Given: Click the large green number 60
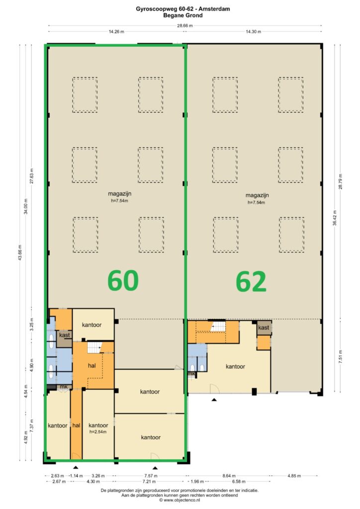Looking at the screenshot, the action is coord(123,280).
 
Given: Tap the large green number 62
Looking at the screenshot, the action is coord(251,282).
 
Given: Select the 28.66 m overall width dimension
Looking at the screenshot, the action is coord(184,26).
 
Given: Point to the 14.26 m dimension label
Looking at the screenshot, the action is coord(116,32).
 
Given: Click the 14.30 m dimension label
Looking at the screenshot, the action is coord(253,32).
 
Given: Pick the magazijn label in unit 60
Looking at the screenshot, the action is coord(119,194).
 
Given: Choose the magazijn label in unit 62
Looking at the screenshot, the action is coord(257,195).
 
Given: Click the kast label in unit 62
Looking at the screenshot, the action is coord(264,328).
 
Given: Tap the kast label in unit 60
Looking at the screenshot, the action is coord(64,335).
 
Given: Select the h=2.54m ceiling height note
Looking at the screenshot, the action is coord(98,432).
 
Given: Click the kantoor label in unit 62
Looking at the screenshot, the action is coord(235,366).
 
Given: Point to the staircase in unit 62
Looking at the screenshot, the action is coord(218,326).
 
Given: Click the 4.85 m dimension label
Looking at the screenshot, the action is coord(294,476).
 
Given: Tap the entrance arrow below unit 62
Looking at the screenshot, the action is coord(214,400).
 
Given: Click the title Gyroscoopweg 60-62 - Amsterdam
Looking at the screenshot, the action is coord(183,9).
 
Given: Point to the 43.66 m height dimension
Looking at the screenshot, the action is coord(20,253).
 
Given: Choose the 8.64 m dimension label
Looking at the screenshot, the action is coord(229,476).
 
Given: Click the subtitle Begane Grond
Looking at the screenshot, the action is coord(183,15).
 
